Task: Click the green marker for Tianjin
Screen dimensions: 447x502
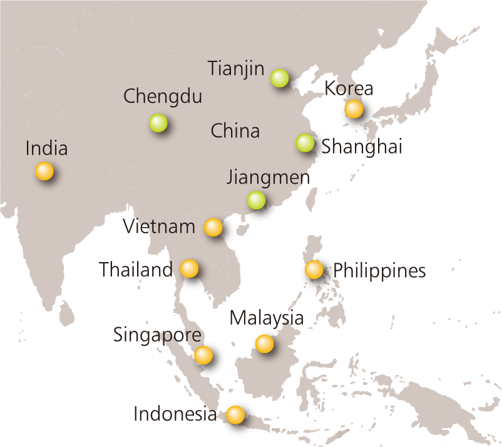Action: [x=279, y=78]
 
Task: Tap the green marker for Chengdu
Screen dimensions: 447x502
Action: [x=158, y=122]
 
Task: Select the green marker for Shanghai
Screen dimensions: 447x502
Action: [x=305, y=143]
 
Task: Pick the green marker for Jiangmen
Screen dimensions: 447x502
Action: [x=256, y=200]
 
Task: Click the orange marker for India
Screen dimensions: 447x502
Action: [x=44, y=171]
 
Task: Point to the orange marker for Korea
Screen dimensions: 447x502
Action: [x=354, y=108]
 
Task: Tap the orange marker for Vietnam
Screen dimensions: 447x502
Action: [x=213, y=227]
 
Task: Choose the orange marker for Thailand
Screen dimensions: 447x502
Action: [x=189, y=268]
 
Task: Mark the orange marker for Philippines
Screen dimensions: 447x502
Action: [x=314, y=270]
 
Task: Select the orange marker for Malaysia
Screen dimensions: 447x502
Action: [x=264, y=344]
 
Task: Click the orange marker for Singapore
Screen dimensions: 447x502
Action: [x=203, y=355]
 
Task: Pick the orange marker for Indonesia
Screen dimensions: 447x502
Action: [x=235, y=414]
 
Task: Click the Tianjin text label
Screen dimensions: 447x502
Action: [x=236, y=68]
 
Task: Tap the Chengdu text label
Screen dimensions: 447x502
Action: [x=163, y=97]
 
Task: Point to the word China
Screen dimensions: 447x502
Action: [x=235, y=131]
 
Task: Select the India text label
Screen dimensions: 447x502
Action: [x=46, y=149]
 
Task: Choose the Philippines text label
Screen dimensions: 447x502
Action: [x=381, y=271]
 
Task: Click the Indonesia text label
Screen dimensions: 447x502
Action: [x=175, y=414]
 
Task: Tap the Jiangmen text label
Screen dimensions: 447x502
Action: [x=269, y=177]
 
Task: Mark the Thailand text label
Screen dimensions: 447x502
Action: [x=136, y=270]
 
